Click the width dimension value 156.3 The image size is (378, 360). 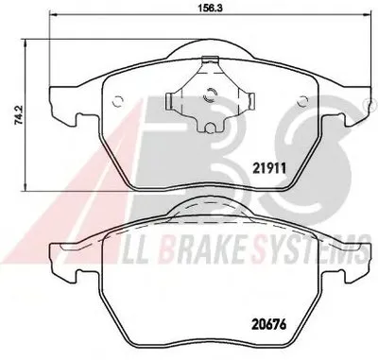[211, 9]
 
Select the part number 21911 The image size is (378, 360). [269, 168]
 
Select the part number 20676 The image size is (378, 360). [269, 324]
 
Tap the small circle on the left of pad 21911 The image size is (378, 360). [118, 101]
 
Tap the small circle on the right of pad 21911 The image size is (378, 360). [303, 101]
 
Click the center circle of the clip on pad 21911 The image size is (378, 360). [210, 94]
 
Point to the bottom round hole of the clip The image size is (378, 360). [210, 128]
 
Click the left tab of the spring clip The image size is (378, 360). [168, 101]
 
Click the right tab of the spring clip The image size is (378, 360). [251, 101]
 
